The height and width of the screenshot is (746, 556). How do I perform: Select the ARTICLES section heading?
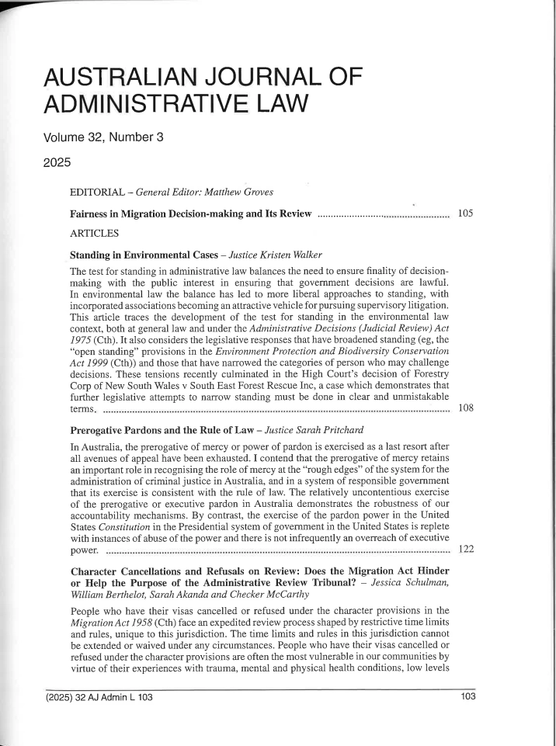click(x=95, y=232)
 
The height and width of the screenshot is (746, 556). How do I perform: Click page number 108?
click(x=466, y=408)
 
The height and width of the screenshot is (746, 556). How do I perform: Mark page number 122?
click(x=466, y=550)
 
